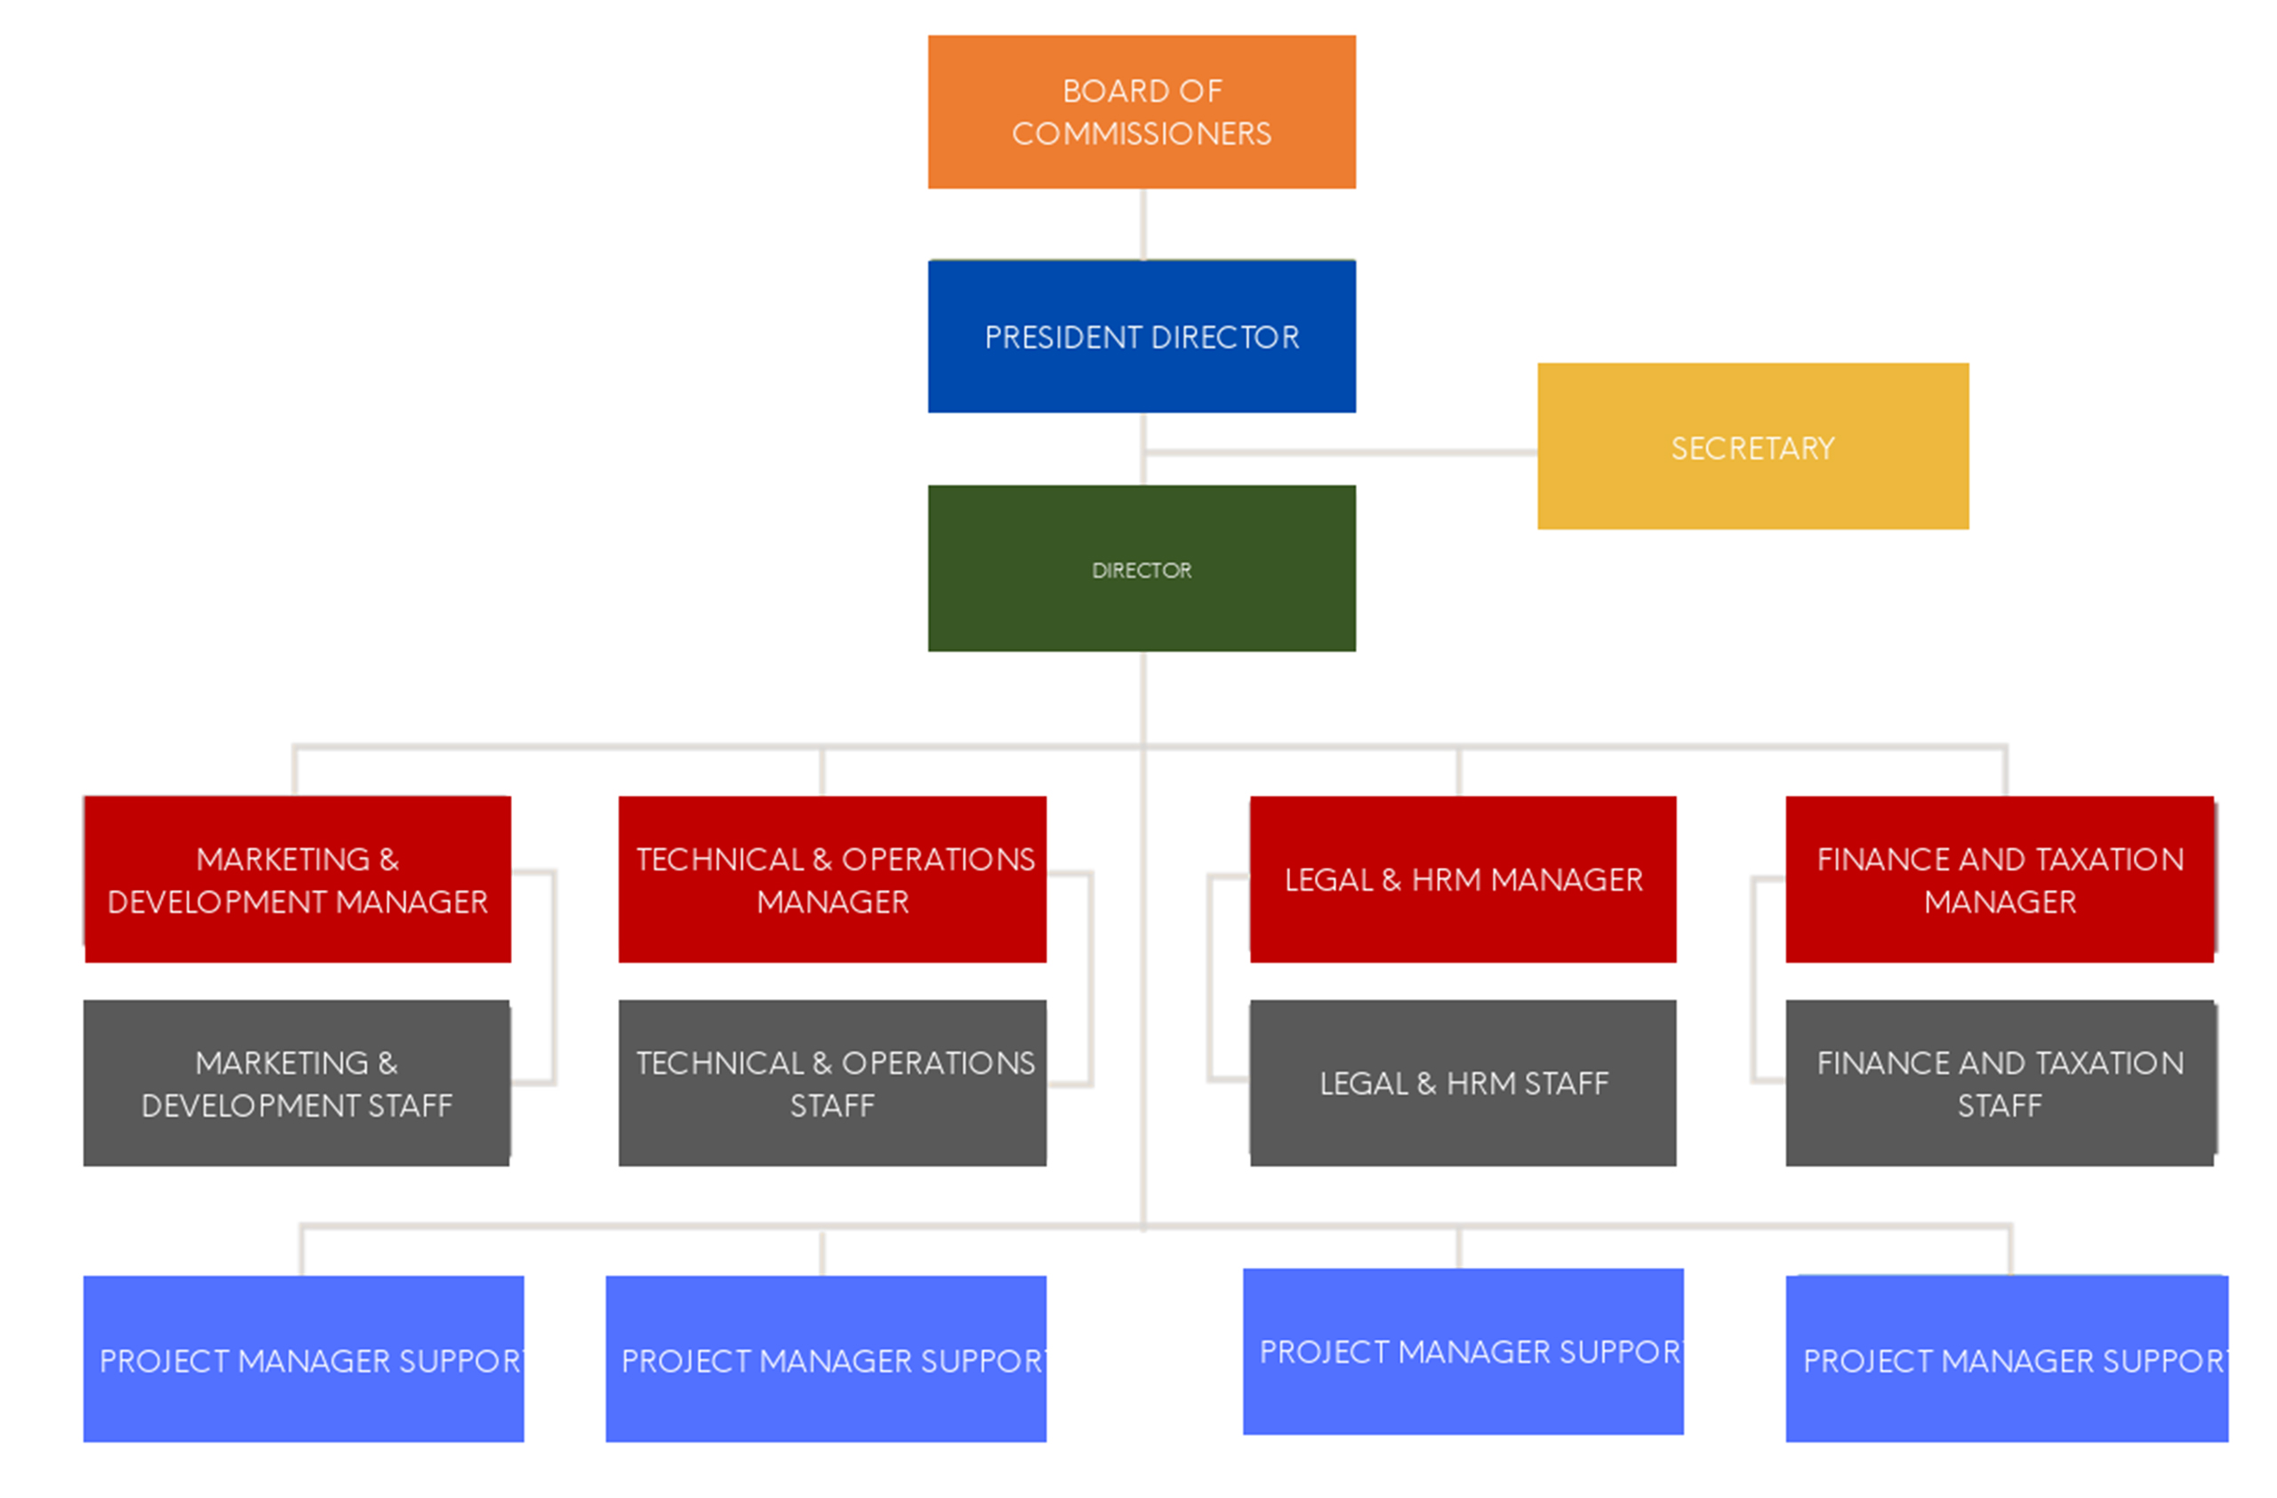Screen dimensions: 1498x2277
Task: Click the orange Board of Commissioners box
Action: point(1142,112)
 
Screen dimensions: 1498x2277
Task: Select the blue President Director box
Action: point(1142,336)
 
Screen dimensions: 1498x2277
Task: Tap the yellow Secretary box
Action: point(1752,445)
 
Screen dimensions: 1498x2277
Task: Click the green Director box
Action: point(1142,568)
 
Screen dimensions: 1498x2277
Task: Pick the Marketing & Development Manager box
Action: point(298,879)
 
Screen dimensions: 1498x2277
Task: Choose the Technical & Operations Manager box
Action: point(832,879)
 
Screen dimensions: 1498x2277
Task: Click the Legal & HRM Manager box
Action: point(1462,879)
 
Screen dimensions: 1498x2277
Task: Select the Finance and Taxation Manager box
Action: point(1999,879)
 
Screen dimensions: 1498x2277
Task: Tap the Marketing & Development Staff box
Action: point(297,1083)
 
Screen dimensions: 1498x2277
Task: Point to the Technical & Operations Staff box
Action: point(832,1083)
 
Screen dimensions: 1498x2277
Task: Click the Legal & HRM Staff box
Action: point(1462,1083)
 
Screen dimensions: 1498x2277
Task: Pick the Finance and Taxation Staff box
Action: point(1999,1083)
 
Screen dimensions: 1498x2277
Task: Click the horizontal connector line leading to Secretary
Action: point(1339,452)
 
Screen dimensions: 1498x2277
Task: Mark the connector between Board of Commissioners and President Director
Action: point(1143,224)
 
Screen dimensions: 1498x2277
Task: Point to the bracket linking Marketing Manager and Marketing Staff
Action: point(553,976)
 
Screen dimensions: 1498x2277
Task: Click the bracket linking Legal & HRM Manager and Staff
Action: point(1210,976)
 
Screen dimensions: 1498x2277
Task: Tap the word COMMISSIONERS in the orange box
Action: point(1142,134)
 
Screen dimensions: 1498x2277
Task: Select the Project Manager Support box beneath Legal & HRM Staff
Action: point(1462,1350)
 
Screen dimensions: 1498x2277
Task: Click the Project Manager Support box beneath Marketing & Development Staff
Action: point(303,1358)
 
